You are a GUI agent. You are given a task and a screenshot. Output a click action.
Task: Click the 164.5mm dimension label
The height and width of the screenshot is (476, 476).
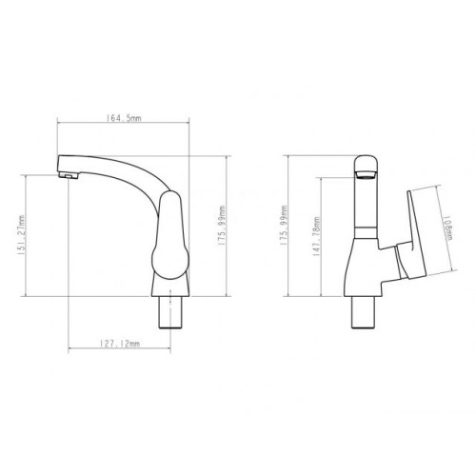[124, 118]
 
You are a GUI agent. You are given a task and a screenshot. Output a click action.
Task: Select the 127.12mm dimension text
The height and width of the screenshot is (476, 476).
[120, 344]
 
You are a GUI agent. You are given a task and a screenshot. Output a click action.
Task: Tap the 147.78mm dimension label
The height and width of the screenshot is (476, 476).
[316, 236]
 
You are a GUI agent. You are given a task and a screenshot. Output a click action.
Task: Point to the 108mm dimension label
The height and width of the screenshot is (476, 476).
[447, 228]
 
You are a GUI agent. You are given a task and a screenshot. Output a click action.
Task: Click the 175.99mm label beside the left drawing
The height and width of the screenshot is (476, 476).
[222, 226]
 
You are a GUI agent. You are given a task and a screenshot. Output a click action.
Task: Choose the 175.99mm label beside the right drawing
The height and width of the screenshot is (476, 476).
[284, 226]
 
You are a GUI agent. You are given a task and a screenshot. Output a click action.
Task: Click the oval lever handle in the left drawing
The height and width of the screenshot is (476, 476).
[170, 235]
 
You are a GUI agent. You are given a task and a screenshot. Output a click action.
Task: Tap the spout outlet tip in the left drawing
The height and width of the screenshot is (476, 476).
[69, 175]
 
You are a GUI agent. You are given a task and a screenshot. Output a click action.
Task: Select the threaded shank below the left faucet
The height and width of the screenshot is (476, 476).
[170, 312]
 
